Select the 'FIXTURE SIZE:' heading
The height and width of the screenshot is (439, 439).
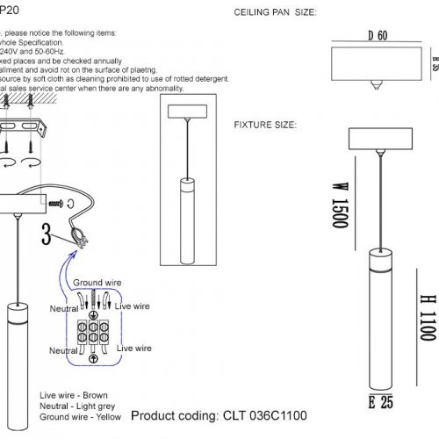[x=264, y=126]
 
